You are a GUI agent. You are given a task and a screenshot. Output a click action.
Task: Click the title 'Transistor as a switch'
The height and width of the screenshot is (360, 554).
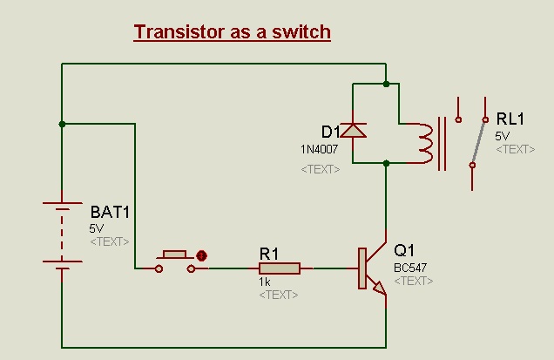tap(232, 32)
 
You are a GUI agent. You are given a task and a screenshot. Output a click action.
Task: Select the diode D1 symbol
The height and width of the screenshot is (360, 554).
tap(352, 131)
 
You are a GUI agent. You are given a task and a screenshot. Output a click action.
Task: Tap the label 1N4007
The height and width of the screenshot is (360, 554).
tap(318, 149)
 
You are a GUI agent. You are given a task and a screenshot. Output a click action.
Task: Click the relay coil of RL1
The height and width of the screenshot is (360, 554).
tap(424, 142)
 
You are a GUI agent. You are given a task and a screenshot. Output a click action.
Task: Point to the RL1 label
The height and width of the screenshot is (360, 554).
tap(511, 119)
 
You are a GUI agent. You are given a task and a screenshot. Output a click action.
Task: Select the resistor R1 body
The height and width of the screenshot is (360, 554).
tap(279, 268)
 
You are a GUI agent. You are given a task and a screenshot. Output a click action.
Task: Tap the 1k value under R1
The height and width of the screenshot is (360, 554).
tap(265, 282)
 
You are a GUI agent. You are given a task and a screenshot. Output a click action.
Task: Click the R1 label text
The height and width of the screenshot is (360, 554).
tap(268, 253)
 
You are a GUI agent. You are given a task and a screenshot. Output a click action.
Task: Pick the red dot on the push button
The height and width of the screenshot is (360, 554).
tap(202, 256)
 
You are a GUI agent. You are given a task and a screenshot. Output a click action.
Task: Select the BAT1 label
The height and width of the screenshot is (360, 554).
tap(111, 212)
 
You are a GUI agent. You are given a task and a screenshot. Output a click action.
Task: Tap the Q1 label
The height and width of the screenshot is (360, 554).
tap(405, 249)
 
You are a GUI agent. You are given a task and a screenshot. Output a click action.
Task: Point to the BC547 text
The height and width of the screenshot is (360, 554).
tap(410, 267)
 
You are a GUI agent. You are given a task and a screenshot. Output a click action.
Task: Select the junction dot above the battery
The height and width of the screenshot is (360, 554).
tap(62, 124)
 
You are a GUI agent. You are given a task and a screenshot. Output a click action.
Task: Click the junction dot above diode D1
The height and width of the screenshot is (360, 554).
tap(386, 84)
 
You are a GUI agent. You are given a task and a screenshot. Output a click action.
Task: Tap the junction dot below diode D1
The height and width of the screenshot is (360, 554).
tap(386, 162)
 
